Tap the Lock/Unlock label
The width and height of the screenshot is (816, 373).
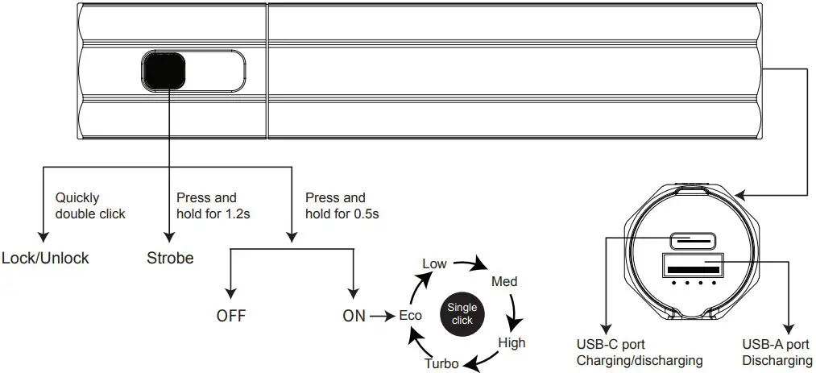click(45, 259)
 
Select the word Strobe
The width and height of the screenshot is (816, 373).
click(171, 259)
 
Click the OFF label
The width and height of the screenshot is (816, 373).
click(230, 316)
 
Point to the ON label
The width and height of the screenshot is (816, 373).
click(354, 316)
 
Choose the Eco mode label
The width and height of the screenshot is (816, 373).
click(411, 316)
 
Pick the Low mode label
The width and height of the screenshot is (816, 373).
click(434, 264)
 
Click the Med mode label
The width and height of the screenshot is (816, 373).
click(504, 281)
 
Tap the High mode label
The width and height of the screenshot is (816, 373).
click(512, 342)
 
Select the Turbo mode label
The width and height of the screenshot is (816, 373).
click(441, 363)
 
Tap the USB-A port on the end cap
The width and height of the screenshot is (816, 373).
click(693, 267)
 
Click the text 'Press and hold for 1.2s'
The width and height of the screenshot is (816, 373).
click(212, 205)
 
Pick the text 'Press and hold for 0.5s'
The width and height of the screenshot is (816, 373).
click(342, 205)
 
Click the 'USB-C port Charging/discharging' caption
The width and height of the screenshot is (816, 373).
click(640, 353)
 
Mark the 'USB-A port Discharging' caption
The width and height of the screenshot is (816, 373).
click(777, 353)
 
